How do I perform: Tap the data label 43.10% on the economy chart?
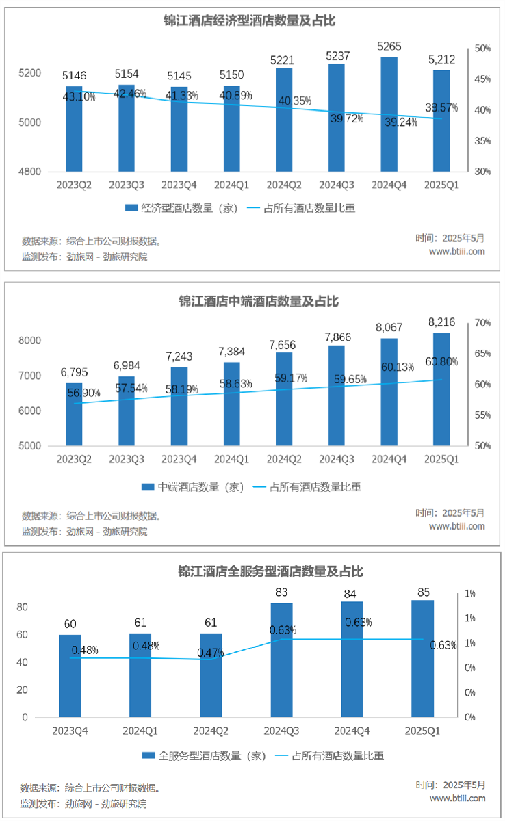(x=79, y=97)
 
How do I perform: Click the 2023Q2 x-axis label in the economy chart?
(x=74, y=185)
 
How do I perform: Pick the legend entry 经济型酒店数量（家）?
(x=181, y=209)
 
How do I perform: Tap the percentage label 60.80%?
(x=441, y=361)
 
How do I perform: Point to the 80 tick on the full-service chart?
(x=21, y=608)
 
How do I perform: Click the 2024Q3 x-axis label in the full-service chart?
(x=281, y=731)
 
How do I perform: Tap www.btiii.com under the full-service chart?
(x=457, y=798)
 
